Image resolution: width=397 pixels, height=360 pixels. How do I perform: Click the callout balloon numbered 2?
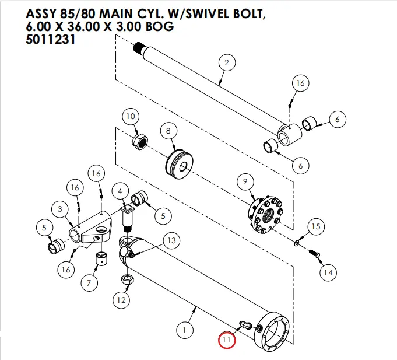pos(226,62)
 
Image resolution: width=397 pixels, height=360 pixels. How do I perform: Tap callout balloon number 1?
pos(185,331)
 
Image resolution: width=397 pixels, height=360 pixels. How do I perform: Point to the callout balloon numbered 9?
pos(245,182)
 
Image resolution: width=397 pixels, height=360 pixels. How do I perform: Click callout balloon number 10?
pos(131,117)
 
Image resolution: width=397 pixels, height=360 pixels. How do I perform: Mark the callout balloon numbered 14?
pos(328,272)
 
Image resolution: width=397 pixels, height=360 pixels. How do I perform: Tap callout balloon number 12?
pos(121,301)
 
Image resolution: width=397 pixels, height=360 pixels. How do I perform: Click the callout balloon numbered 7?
pos(89,284)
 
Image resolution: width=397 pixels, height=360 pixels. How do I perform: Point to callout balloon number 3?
pos(59,208)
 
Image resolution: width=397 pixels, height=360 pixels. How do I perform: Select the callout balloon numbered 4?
pos(120,191)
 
